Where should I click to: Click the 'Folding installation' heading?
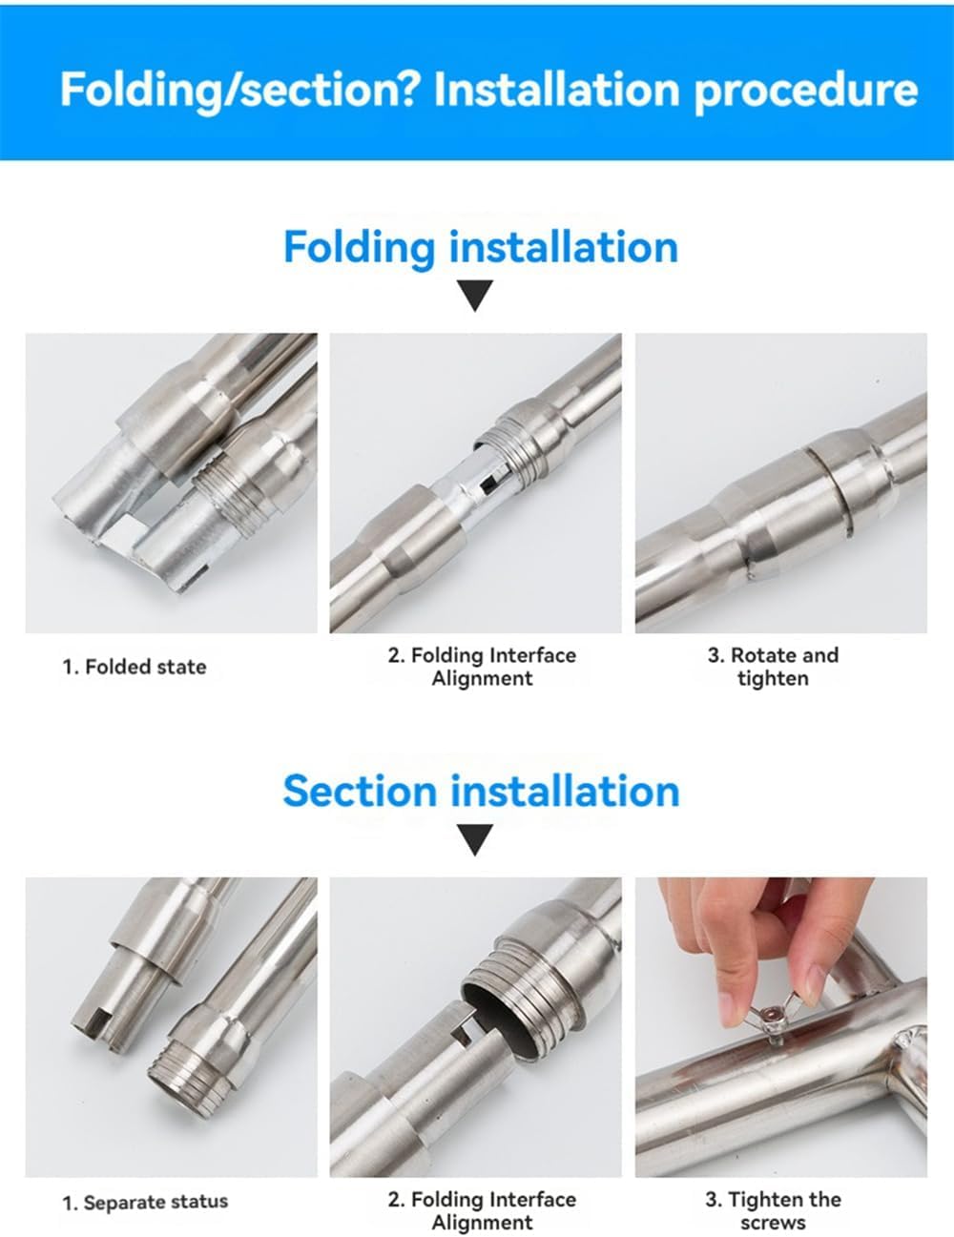pyautogui.click(x=480, y=247)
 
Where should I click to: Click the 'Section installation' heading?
pyautogui.click(x=480, y=792)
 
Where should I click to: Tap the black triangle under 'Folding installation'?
pyautogui.click(x=475, y=296)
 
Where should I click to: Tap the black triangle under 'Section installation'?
pyautogui.click(x=475, y=840)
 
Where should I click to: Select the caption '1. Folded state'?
pyautogui.click(x=135, y=667)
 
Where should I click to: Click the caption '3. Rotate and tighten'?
pyautogui.click(x=773, y=667)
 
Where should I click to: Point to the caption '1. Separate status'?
pyautogui.click(x=145, y=1203)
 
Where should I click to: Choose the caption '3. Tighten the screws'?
pyautogui.click(x=773, y=1210)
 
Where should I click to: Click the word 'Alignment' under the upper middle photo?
pyautogui.click(x=482, y=679)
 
